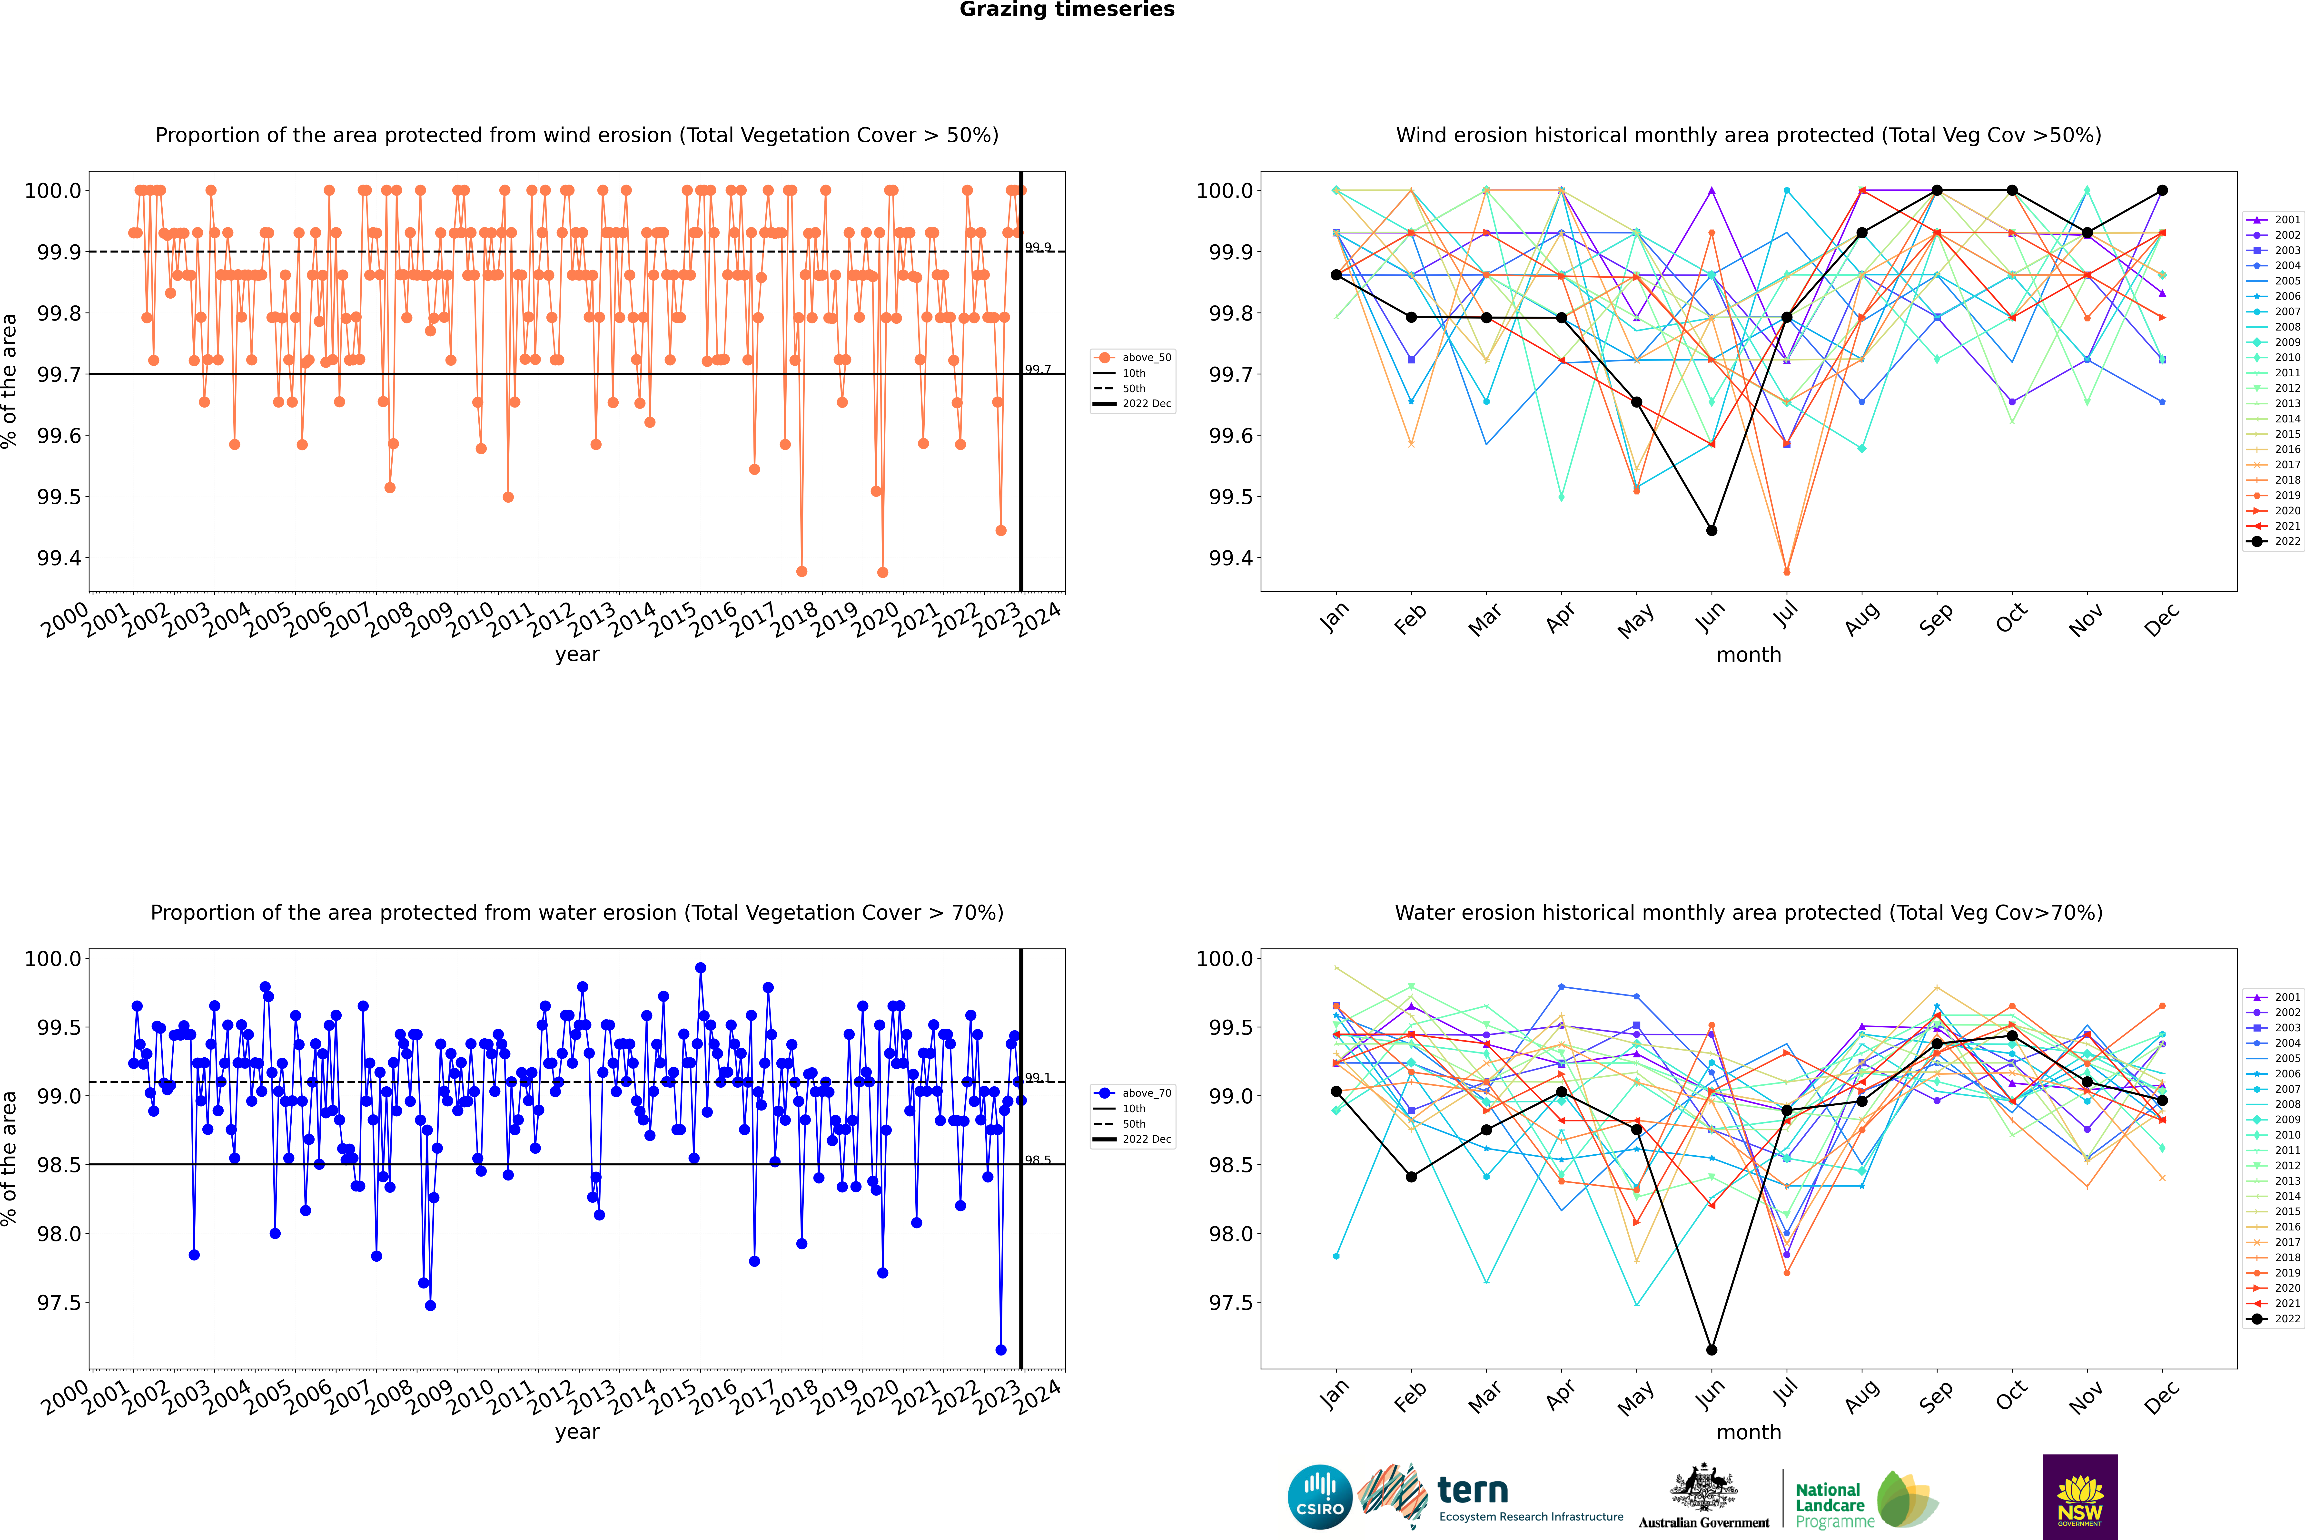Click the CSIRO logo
[1320, 1497]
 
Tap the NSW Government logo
[2080, 1497]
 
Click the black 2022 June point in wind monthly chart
[1711, 530]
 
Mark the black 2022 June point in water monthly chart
[1711, 1349]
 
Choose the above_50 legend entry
[1133, 358]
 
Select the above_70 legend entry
[1133, 1093]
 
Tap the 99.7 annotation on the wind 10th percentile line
[1038, 369]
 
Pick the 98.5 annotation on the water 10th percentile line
[1038, 1160]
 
